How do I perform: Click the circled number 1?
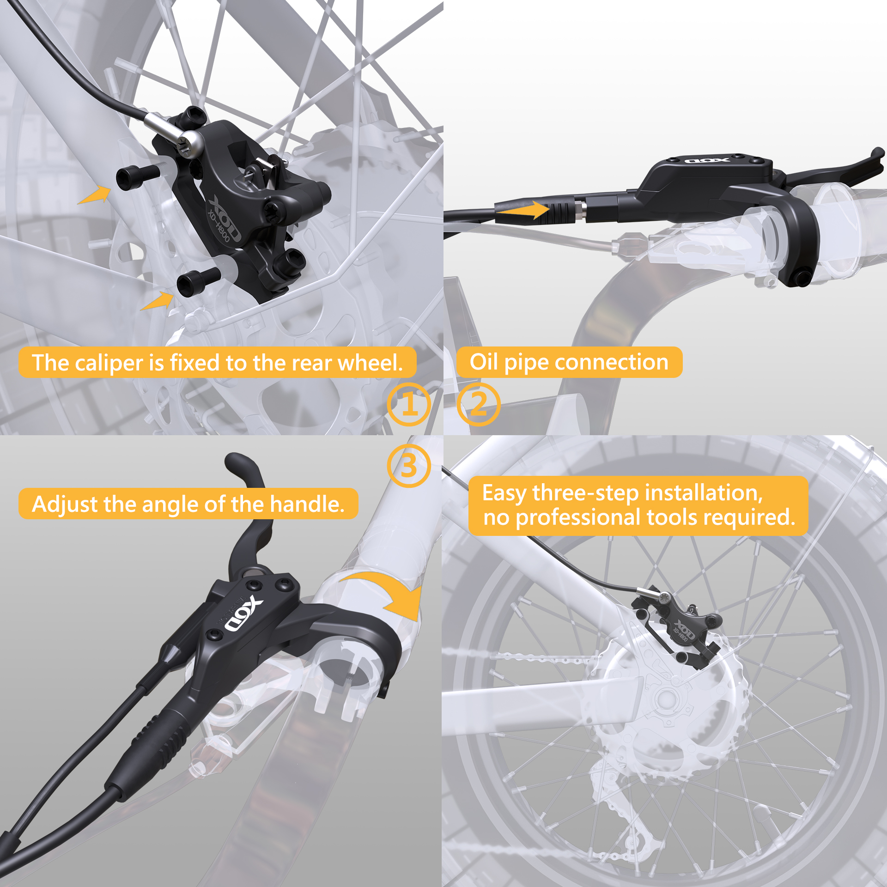[x=409, y=404]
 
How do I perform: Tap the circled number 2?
[x=478, y=404]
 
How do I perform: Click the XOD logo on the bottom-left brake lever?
[x=243, y=615]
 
